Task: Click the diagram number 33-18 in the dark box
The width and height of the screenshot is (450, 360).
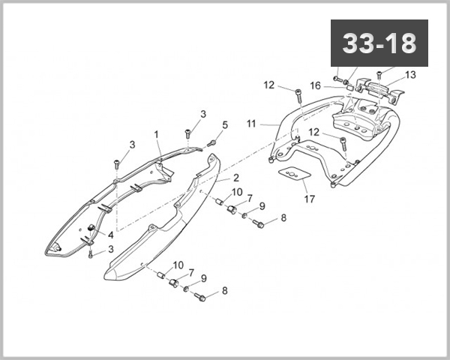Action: [x=379, y=43]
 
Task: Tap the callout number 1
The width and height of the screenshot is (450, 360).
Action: [x=157, y=134]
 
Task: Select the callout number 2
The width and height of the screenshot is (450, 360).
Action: [x=235, y=178]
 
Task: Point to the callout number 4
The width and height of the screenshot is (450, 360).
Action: [x=110, y=234]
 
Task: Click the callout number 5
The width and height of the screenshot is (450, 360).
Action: [x=224, y=124]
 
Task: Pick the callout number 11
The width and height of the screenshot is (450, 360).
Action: [x=251, y=122]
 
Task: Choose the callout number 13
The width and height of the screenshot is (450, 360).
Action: [x=409, y=75]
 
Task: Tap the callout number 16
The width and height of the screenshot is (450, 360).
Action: [x=316, y=85]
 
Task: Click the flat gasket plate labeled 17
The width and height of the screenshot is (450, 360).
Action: [x=293, y=174]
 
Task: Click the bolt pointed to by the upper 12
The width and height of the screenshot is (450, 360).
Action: [x=298, y=95]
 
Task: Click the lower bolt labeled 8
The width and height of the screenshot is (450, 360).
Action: [x=200, y=298]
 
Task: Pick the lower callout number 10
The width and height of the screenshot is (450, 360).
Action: [x=178, y=265]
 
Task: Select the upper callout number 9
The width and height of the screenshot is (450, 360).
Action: [x=262, y=205]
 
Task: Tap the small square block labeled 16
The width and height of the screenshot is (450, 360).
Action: [x=349, y=86]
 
